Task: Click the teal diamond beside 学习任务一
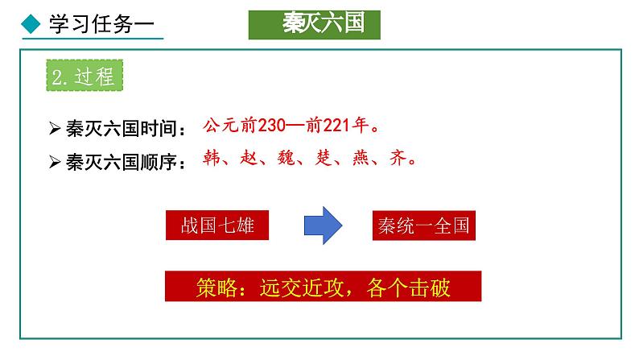coord(30,24)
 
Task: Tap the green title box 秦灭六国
coord(314,24)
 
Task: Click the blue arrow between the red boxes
coord(324,226)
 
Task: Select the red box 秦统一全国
coord(424,226)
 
